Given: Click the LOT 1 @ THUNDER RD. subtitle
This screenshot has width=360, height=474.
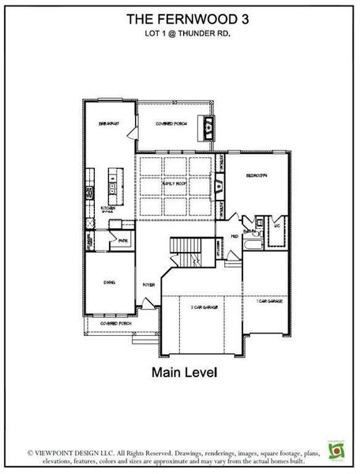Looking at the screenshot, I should click(x=179, y=34).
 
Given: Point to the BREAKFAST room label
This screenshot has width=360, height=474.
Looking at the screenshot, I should click(x=108, y=124).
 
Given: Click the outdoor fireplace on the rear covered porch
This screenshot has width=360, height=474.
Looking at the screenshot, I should click(x=208, y=124).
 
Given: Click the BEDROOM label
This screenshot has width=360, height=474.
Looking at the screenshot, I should click(x=256, y=175).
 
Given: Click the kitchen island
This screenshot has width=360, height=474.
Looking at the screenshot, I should click(x=115, y=184).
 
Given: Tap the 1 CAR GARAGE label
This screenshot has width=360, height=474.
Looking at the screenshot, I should click(x=269, y=301).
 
